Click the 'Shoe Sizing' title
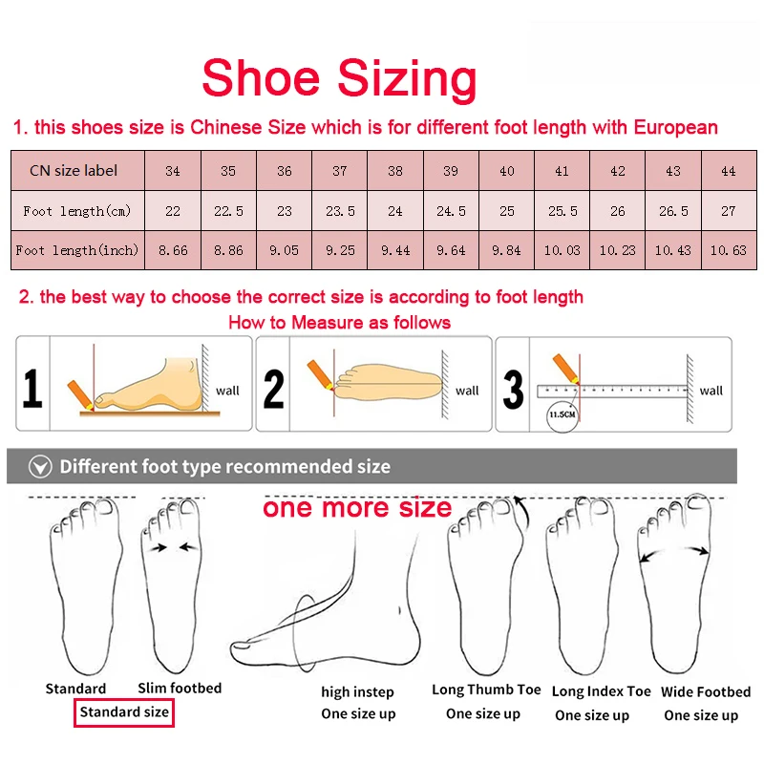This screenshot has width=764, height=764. click(339, 78)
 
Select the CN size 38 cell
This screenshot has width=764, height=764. click(395, 171)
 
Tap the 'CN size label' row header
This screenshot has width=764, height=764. click(74, 171)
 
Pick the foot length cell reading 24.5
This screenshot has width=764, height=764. click(451, 211)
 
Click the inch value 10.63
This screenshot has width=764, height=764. click(728, 250)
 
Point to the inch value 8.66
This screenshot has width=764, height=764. click(172, 250)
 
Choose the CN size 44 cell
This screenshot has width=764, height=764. click(728, 171)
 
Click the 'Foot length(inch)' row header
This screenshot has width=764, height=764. click(77, 250)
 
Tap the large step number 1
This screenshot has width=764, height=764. click(32, 390)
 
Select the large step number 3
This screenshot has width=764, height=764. click(514, 390)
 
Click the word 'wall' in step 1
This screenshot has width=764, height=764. click(227, 390)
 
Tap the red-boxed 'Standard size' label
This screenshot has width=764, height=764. click(124, 711)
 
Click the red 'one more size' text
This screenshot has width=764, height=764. click(357, 507)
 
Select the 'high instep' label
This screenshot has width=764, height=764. click(357, 691)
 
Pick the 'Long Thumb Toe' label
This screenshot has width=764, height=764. click(486, 690)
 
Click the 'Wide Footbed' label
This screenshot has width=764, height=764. click(706, 691)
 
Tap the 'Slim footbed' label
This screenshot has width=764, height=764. click(180, 688)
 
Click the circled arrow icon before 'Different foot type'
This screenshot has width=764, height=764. click(39, 467)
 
